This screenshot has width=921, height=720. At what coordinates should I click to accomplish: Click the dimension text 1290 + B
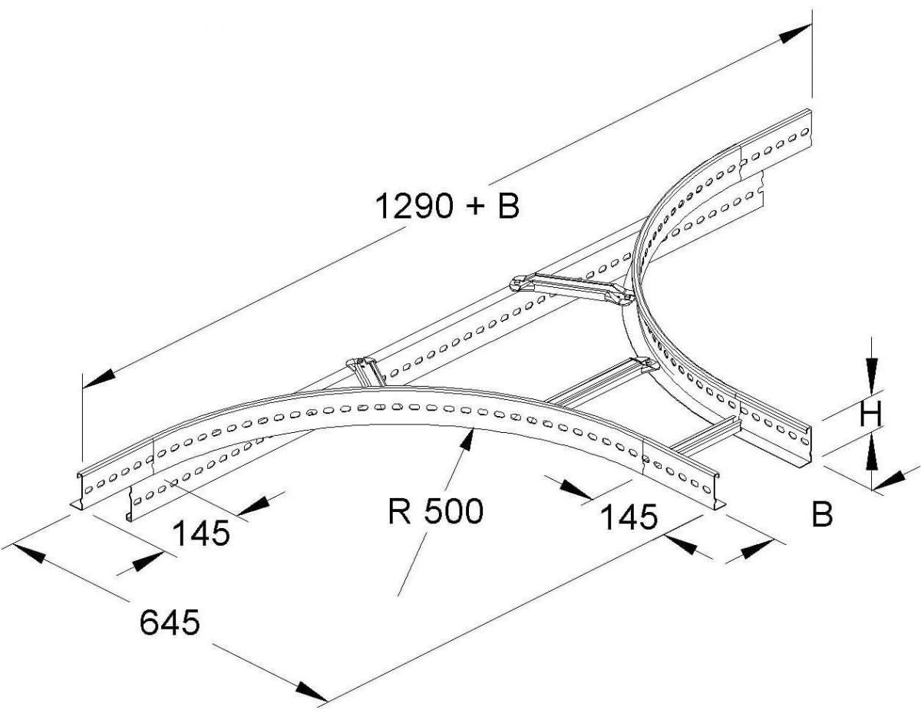(447, 206)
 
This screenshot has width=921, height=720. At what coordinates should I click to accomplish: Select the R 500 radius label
(435, 511)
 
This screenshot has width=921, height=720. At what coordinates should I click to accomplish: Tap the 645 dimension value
(170, 623)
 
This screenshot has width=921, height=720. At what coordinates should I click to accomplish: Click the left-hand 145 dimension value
(201, 533)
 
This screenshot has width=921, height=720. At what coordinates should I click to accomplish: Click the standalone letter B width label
(821, 515)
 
